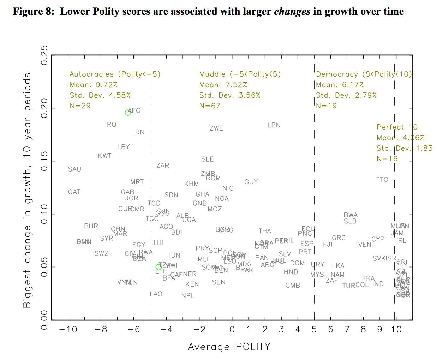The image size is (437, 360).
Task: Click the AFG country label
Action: pos(134,110)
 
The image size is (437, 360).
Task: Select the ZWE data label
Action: pos(216,128)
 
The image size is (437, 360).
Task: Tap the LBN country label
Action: pos(274,125)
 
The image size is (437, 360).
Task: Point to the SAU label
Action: pos(74,169)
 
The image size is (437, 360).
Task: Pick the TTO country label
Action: pos(382,179)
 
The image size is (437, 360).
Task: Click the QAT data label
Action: pos(74,192)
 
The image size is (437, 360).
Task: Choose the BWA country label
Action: pos(351,215)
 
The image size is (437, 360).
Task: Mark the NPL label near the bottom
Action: pos(188,295)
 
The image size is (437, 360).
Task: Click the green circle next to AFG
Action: pos(128,113)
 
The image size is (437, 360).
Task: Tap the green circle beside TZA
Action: pos(158,267)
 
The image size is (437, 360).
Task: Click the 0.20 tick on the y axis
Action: pos(44,108)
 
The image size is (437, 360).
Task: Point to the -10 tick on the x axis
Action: pos(68,330)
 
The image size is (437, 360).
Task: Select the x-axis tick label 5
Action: pos(314,330)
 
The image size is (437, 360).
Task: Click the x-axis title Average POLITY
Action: pos(229,347)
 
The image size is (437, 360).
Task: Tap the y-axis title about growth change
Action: pos(28,191)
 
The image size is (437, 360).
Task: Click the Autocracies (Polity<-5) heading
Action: pos(115,74)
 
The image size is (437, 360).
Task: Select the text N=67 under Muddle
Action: pos(210,106)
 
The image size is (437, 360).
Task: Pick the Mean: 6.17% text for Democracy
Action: pos(340,85)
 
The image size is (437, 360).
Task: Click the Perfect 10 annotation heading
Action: pos(397,127)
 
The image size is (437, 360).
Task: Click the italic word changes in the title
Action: pos(292,12)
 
